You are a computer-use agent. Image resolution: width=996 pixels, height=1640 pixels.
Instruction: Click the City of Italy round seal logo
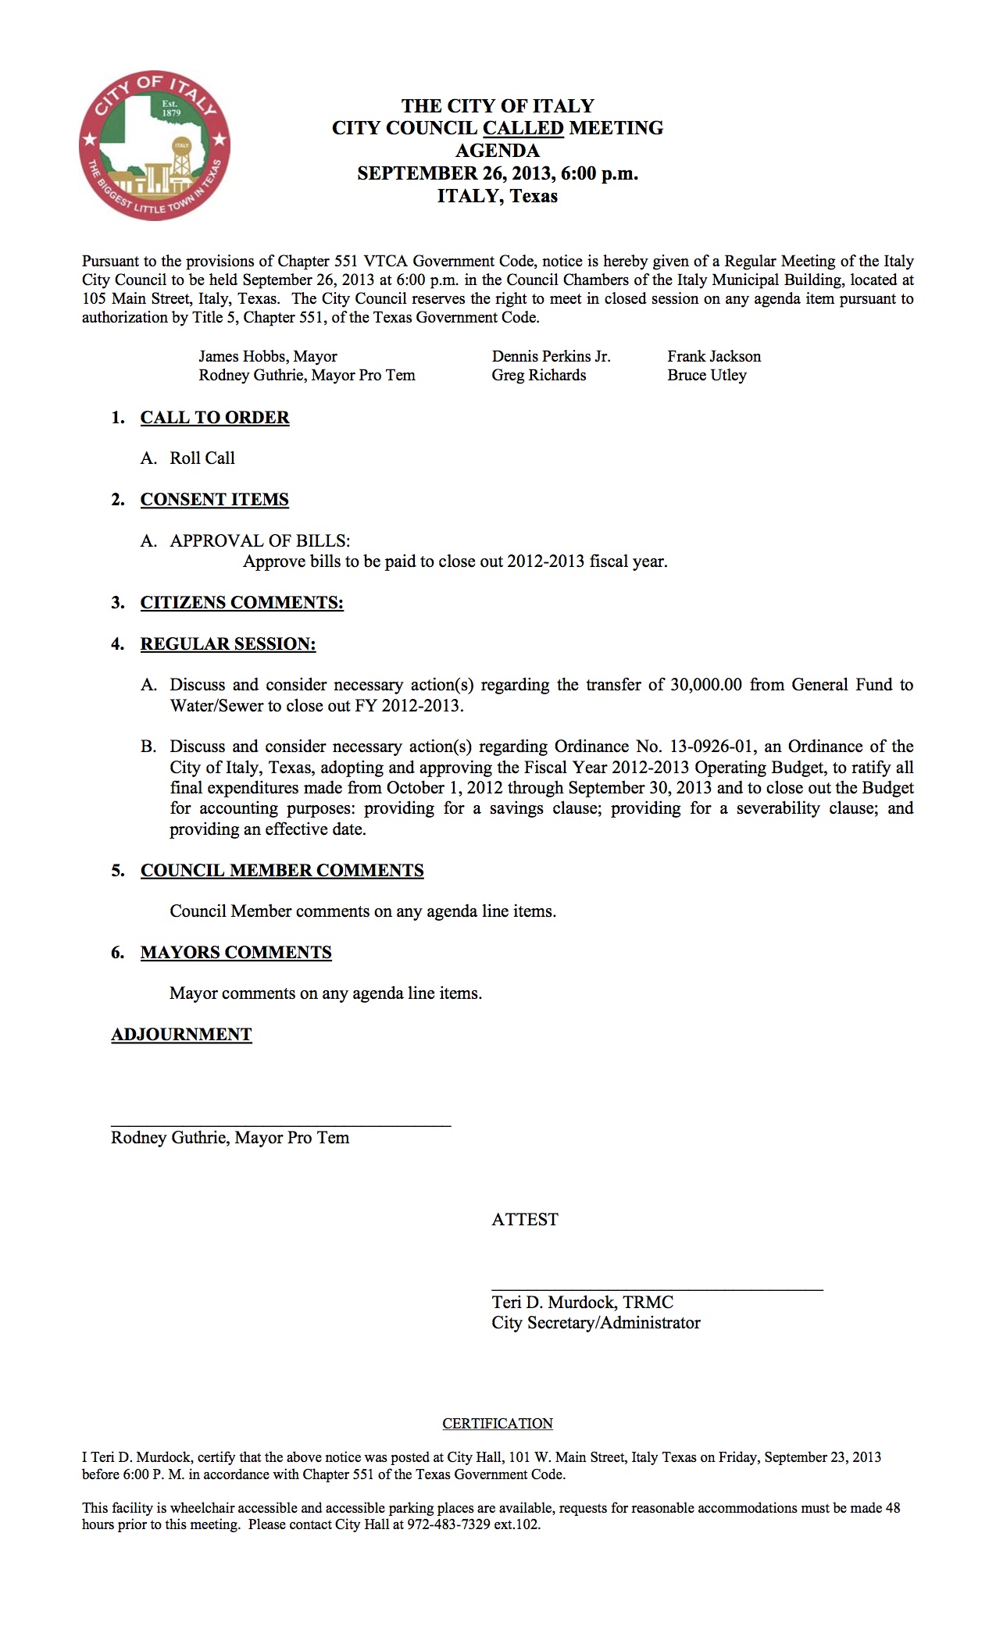pyautogui.click(x=155, y=146)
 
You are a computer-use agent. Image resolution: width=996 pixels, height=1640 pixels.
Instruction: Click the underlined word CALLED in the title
pyautogui.click(x=523, y=128)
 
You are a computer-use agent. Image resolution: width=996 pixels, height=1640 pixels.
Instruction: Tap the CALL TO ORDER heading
pyautogui.click(x=215, y=418)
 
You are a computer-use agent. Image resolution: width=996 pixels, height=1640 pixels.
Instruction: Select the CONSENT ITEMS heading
pyautogui.click(x=215, y=500)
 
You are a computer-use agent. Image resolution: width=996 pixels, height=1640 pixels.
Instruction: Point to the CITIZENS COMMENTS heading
pyautogui.click(x=242, y=603)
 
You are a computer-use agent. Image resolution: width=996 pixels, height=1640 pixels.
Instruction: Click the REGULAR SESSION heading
pyautogui.click(x=228, y=644)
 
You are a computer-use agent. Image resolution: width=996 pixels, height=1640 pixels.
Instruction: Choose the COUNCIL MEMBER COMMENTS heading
pyautogui.click(x=282, y=871)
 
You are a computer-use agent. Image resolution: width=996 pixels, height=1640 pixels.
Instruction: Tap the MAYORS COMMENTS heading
pyautogui.click(x=236, y=953)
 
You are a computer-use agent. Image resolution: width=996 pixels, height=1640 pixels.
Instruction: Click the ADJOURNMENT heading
pyautogui.click(x=181, y=1035)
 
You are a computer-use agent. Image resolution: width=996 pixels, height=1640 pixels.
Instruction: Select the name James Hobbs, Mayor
pyautogui.click(x=268, y=357)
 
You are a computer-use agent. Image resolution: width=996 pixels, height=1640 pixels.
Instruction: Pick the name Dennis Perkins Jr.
pyautogui.click(x=552, y=357)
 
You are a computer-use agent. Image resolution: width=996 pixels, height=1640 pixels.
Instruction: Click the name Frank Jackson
pyautogui.click(x=714, y=357)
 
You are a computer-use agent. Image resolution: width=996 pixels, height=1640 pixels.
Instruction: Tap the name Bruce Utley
pyautogui.click(x=707, y=376)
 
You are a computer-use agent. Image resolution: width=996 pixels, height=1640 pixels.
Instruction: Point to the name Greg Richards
pyautogui.click(x=539, y=376)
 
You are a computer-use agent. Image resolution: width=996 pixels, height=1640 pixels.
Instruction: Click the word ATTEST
pyautogui.click(x=525, y=1220)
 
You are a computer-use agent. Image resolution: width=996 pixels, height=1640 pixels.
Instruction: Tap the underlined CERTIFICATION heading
pyautogui.click(x=498, y=1424)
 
